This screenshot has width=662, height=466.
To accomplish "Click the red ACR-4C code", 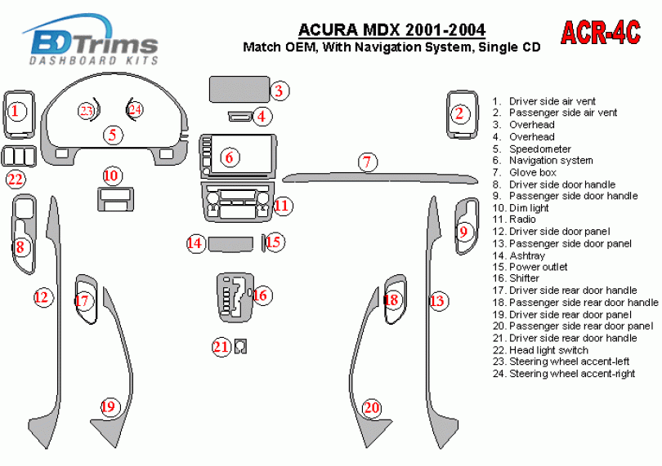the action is pos(601,33).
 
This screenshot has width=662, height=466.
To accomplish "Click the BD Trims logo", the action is pos(93,41).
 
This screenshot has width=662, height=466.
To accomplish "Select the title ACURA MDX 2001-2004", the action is pos(391,30).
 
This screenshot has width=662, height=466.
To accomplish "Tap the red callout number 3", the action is pos(279,91).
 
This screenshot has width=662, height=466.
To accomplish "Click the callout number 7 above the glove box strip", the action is pos(367,162).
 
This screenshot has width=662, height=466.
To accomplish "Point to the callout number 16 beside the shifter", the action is pos(261,295).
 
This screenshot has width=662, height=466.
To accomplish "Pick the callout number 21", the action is pos(221,347).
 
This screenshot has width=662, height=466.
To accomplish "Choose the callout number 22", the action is pos(16,180).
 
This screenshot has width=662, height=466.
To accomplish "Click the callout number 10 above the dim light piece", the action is pos(111,175).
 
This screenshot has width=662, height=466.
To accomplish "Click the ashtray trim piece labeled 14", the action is pos(230,244).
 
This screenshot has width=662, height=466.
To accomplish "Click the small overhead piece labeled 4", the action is pos(240,117).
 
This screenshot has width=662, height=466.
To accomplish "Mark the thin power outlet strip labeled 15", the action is pos(263,243).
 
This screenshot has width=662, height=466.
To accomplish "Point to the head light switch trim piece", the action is pos(19,156).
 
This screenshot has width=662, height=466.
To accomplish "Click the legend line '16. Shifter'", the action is pos(516,278).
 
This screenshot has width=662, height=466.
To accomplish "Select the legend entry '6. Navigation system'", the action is pos(543,161).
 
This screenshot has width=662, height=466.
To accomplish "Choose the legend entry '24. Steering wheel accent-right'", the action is pos(564,374).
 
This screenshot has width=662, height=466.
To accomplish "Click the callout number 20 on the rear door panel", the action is pos(372,407).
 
